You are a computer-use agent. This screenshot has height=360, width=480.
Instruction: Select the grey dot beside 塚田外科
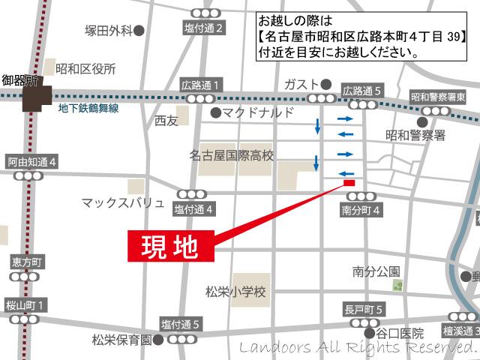point(139,31)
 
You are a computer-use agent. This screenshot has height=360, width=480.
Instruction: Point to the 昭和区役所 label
point(90,68)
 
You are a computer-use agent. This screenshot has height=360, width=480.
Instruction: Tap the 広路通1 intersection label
point(200,85)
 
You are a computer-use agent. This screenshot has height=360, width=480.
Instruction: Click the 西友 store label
point(166,120)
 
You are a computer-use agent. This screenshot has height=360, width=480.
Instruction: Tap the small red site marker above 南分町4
point(349,182)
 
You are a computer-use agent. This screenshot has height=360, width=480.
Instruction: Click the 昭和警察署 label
point(415,135)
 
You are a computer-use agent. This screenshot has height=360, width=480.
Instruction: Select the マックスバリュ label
point(122,202)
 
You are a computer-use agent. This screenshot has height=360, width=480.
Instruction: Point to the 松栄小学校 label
point(235,290)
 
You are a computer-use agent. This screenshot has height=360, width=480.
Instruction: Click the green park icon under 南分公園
point(399,285)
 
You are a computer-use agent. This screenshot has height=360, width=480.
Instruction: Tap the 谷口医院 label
point(400,333)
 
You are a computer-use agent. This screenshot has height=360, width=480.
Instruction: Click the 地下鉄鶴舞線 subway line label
point(92,107)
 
